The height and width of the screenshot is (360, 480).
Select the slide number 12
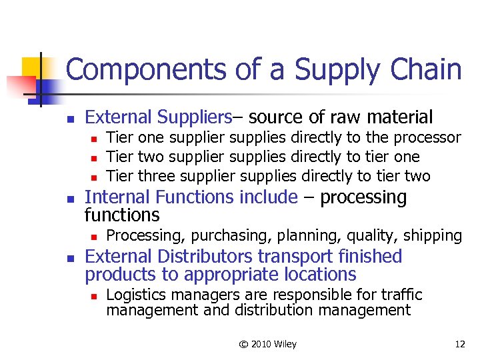(x=459, y=344)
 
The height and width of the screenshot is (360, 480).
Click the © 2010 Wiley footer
(x=268, y=344)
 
